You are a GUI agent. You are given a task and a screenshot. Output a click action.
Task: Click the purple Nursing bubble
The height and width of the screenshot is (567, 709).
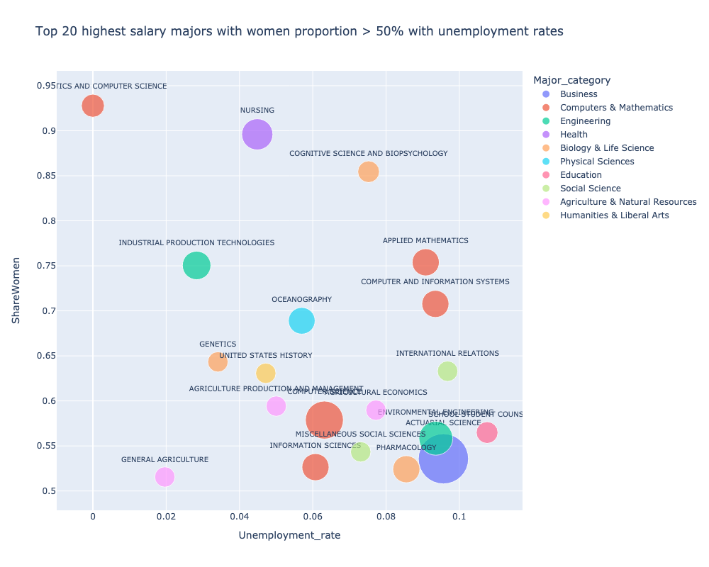[x=257, y=134]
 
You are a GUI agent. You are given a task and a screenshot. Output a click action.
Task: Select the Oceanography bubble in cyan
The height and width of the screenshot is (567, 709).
[x=301, y=320]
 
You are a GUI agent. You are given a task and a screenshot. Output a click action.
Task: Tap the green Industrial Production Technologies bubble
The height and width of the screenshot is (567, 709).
[x=196, y=265]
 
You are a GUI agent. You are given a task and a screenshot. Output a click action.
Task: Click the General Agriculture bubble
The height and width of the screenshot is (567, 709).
[x=164, y=476]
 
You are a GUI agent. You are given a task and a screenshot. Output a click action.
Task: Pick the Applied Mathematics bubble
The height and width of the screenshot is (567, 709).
[x=425, y=262]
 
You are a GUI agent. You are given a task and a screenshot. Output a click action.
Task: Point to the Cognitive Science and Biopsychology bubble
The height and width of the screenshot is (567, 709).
[x=368, y=172]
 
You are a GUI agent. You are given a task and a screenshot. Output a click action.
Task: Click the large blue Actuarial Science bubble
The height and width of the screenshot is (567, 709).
[x=443, y=459]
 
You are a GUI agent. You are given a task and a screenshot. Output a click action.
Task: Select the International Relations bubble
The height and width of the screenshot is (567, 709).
[x=447, y=371]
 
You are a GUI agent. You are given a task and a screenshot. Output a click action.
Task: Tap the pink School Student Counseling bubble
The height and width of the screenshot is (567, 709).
[x=487, y=432]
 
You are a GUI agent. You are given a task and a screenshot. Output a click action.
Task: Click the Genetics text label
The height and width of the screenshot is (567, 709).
[x=218, y=344]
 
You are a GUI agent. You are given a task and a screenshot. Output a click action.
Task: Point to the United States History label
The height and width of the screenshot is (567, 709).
[x=265, y=356]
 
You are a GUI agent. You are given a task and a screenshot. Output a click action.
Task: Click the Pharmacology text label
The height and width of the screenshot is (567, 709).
[x=406, y=448]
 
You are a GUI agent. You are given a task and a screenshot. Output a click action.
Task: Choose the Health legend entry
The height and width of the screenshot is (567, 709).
[x=574, y=135]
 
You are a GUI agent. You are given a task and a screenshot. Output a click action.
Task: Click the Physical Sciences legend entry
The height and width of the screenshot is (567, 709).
[x=596, y=162]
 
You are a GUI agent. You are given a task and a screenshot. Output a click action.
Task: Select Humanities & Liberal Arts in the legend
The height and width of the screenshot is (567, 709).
[x=614, y=215]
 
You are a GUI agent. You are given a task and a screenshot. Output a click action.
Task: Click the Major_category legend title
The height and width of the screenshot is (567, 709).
[x=572, y=79]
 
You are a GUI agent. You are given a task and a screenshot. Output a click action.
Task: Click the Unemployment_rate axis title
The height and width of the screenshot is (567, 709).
[x=289, y=536]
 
